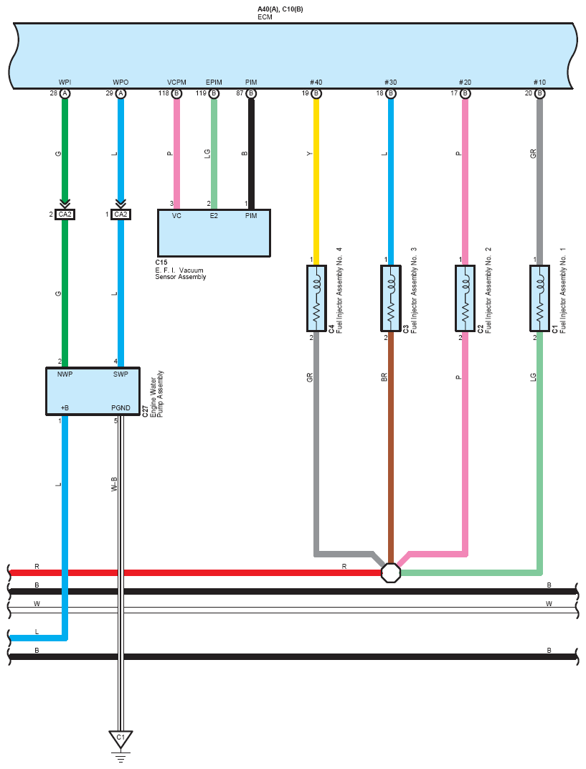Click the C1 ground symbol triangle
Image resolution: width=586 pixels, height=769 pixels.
[120, 737]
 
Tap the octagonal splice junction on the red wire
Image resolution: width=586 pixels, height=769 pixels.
[391, 572]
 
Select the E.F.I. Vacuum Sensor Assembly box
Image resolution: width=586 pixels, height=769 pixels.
[214, 232]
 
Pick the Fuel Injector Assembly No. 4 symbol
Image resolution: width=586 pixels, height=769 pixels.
[316, 298]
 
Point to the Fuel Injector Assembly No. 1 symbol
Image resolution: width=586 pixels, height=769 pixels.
[539, 298]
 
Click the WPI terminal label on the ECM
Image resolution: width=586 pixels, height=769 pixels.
[65, 82]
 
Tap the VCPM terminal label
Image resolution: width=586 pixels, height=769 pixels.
[176, 82]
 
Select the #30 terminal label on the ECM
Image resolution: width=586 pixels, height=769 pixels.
[391, 82]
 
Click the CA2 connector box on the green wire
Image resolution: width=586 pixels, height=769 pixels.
[65, 214]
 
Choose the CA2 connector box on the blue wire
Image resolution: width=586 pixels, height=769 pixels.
[120, 214]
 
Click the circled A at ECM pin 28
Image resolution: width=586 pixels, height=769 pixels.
[65, 94]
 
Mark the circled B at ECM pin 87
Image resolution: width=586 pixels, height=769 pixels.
[251, 94]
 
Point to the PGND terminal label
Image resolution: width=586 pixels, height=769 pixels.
[120, 408]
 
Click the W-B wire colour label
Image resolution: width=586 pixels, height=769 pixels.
[113, 484]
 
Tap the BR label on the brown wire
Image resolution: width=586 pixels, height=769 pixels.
[384, 376]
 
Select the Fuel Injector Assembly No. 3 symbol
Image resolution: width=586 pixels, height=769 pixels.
[390, 298]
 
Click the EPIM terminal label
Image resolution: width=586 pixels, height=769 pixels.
[214, 82]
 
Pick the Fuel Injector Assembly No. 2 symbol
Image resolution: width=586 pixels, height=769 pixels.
[465, 298]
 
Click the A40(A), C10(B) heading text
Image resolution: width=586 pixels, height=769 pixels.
[280, 9]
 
